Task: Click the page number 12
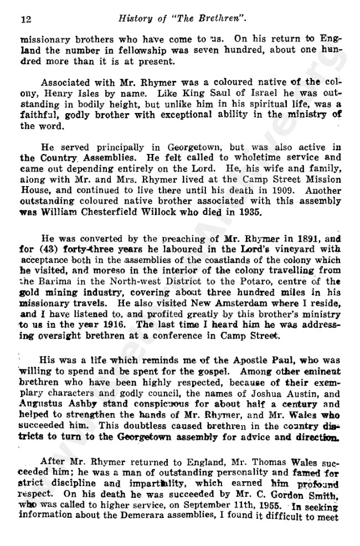click(x=24, y=20)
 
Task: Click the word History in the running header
click(x=136, y=20)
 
